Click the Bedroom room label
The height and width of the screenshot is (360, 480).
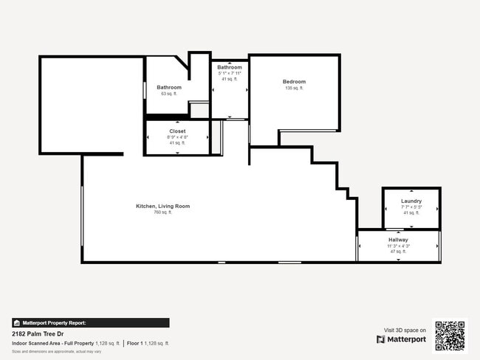(x=294, y=82)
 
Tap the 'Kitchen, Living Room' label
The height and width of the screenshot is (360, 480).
(x=162, y=206)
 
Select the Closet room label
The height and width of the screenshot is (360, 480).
(x=178, y=131)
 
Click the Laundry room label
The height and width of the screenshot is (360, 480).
(x=411, y=201)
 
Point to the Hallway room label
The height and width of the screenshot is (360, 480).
(x=398, y=240)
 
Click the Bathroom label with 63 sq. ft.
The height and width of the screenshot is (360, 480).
(x=169, y=88)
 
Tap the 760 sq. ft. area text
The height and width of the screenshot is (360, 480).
(x=162, y=212)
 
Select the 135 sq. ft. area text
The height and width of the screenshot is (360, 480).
(x=294, y=88)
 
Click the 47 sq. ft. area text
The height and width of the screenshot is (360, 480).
(x=398, y=252)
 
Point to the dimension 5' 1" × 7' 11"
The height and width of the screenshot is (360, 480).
(x=230, y=73)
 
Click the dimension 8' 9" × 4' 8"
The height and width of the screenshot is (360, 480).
(x=178, y=137)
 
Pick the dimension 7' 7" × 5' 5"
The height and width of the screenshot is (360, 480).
(x=411, y=207)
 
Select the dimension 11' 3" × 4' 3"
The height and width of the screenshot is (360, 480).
(x=398, y=246)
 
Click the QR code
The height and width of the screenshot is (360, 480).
(x=450, y=336)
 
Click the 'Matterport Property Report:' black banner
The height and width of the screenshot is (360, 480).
(x=90, y=322)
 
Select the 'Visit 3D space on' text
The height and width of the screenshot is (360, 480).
(x=405, y=330)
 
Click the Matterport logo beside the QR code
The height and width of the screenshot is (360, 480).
(x=401, y=340)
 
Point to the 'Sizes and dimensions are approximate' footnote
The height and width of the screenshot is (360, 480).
(x=56, y=352)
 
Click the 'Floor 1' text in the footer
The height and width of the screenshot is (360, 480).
(x=134, y=343)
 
